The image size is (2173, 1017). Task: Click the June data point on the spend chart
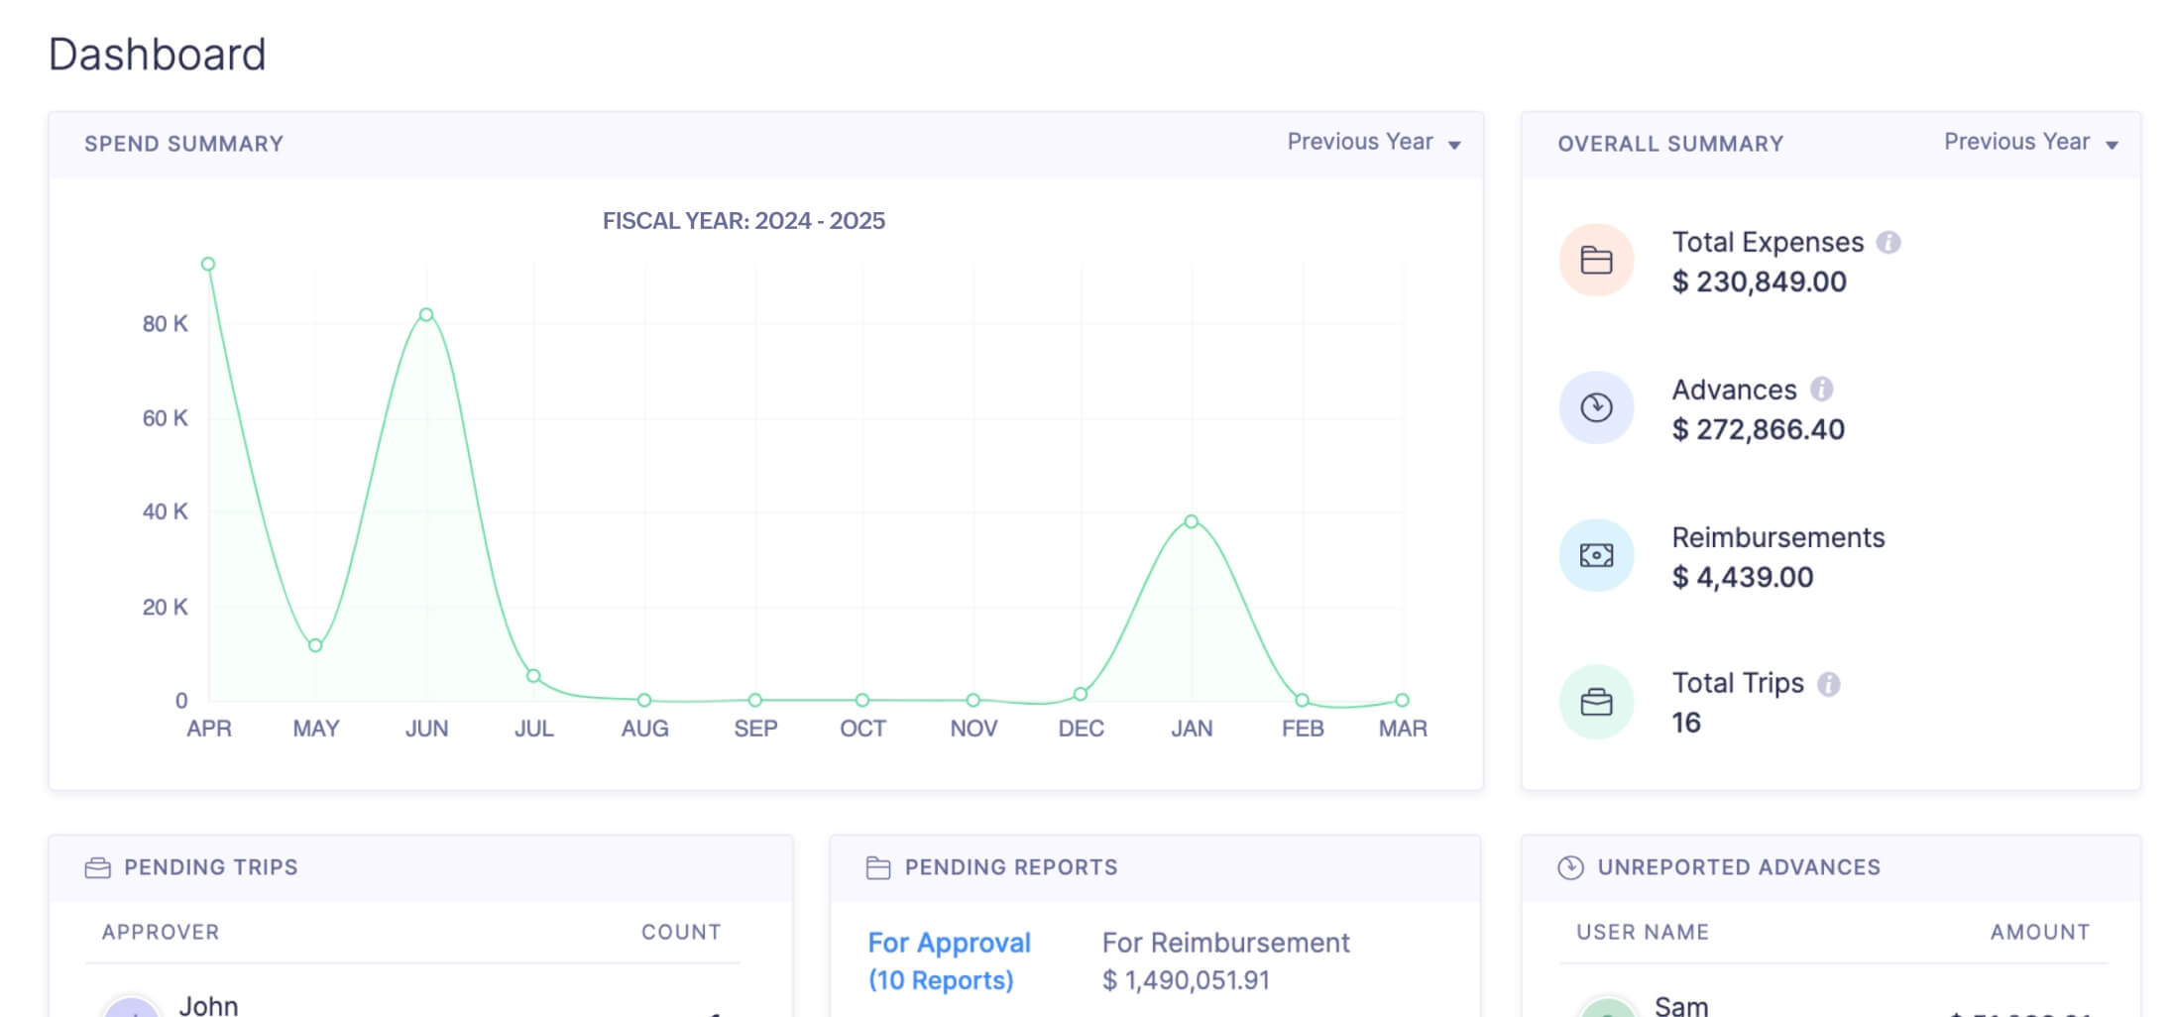coord(426,315)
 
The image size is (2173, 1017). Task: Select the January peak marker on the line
coord(1192,521)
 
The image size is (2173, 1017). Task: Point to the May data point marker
coord(315,645)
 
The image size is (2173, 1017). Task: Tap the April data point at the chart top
coord(208,264)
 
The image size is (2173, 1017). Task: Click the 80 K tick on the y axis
coord(165,324)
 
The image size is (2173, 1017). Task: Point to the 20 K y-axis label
coord(165,607)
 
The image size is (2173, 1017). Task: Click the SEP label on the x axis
coord(755,729)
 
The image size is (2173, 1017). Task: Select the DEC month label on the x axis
coord(1081,729)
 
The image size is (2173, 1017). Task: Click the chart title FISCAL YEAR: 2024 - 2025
coord(743,221)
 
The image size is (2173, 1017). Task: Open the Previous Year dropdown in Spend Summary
coord(1373,143)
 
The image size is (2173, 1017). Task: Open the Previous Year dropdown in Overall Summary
coord(2029,143)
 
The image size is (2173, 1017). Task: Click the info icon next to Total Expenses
coord(1888,243)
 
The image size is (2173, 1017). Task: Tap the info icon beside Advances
coord(1821,390)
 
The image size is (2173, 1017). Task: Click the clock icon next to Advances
coord(1596,407)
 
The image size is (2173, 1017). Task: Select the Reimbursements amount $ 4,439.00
coord(1742,577)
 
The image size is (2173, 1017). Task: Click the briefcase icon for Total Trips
coord(1596,702)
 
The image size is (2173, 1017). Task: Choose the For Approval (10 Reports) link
coord(949,960)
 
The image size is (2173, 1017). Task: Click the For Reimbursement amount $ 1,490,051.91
coord(1186,980)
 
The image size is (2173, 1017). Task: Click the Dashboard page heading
coord(158,55)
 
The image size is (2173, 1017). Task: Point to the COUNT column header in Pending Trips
coord(680,932)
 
